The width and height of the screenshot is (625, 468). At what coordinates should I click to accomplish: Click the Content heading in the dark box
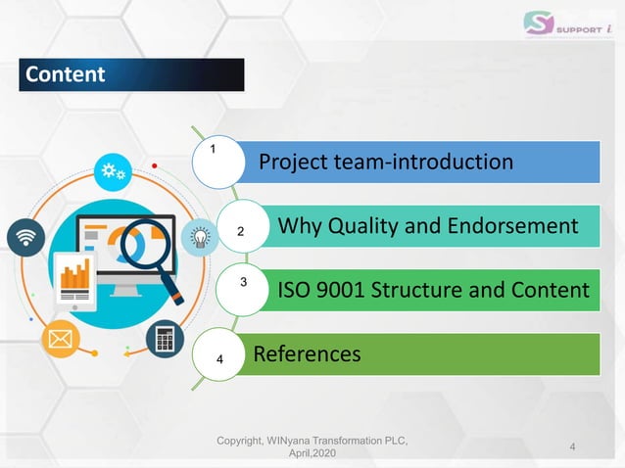click(x=66, y=74)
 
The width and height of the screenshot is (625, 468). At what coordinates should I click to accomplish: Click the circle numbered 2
click(x=238, y=232)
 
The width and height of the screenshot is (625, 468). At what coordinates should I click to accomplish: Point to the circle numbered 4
click(x=224, y=359)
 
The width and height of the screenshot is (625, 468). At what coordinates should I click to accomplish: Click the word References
click(x=307, y=352)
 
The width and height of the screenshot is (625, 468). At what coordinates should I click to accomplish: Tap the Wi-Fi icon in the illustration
click(x=26, y=238)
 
